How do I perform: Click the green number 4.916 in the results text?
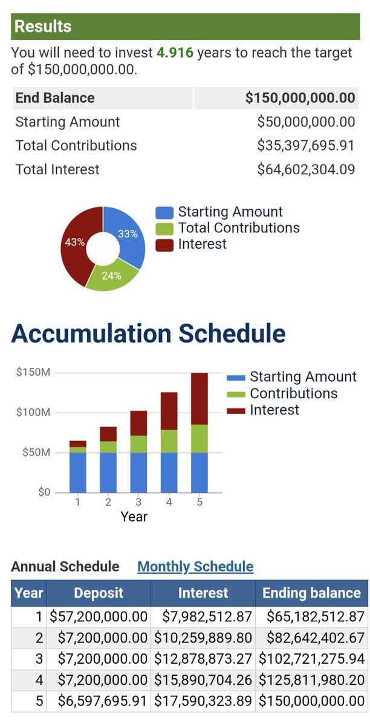(x=175, y=53)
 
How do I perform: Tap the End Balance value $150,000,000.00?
(x=300, y=98)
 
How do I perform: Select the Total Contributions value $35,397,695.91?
(x=306, y=146)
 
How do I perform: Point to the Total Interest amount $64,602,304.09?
(x=306, y=169)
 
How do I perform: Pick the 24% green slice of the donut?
(x=111, y=276)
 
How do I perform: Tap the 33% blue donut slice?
(x=128, y=234)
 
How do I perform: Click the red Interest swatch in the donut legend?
(x=164, y=244)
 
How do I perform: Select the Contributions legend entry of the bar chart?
(x=282, y=393)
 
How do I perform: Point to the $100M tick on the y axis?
(x=33, y=412)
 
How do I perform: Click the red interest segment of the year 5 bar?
(x=200, y=399)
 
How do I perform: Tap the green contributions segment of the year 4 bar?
(x=169, y=441)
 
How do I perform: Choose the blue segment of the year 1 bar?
(x=78, y=473)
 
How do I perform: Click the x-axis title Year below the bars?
(x=134, y=517)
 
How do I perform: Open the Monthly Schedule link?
(x=195, y=566)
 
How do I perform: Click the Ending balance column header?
(x=312, y=593)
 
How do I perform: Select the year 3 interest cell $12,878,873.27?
(x=203, y=659)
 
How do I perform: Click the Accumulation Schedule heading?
(x=148, y=333)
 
